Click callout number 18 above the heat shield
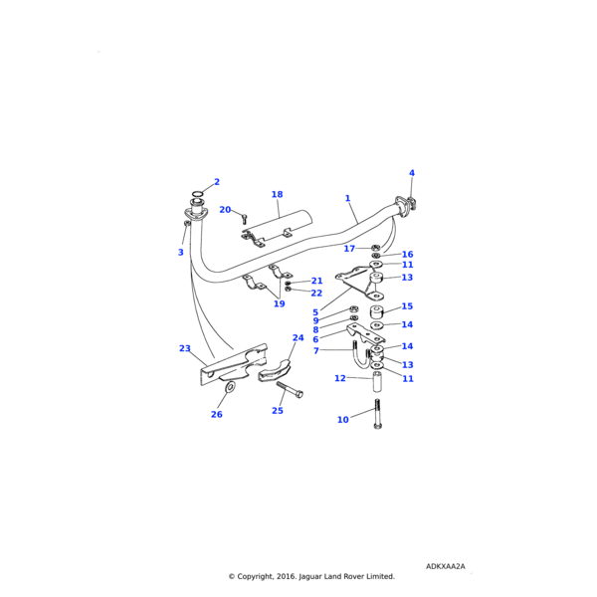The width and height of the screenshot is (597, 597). point(277,195)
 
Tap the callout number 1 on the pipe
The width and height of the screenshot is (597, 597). point(348,198)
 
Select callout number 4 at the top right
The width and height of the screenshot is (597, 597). point(411,173)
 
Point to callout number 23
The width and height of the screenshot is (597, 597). point(185,348)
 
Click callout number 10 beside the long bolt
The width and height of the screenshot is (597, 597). point(343,420)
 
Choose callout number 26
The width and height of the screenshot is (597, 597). point(217,414)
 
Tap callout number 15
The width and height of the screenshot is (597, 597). point(407,306)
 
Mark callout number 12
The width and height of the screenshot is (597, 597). point(340,378)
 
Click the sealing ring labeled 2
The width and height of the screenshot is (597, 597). point(197,194)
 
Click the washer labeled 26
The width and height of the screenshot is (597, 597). point(230,386)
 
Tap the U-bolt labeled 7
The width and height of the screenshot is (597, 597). point(359,354)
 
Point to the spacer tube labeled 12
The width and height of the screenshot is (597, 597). point(378,382)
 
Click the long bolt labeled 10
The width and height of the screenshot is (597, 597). point(378,415)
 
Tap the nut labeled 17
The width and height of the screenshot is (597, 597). point(375,247)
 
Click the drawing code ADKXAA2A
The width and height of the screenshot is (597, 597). point(445,566)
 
